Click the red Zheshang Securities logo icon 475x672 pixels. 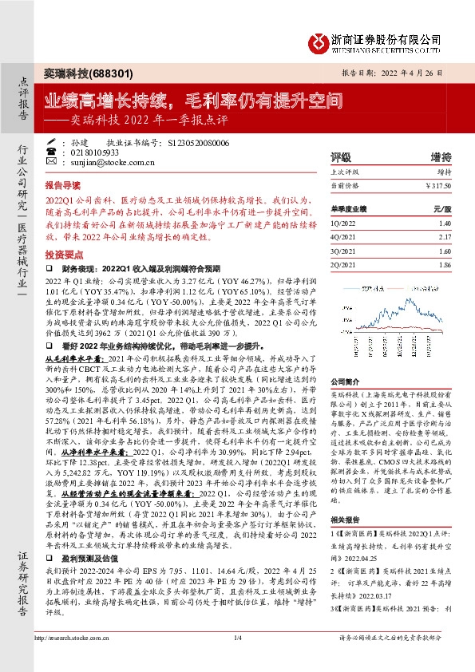pyautogui.click(x=319, y=39)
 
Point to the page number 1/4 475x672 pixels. pyautogui.click(x=237, y=658)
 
